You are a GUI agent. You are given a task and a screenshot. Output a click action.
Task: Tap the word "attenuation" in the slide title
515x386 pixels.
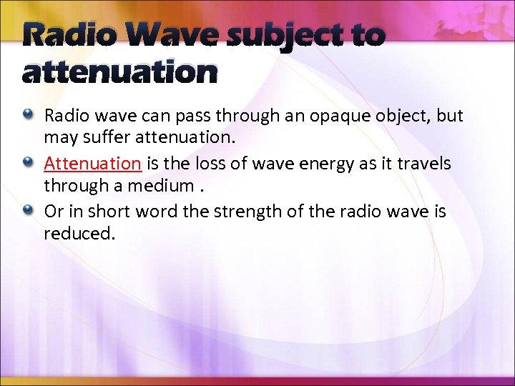click(119, 72)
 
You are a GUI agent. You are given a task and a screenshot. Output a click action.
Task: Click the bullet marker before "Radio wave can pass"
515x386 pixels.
click(28, 114)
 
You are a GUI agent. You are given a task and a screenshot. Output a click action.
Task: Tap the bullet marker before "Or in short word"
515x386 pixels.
click(28, 211)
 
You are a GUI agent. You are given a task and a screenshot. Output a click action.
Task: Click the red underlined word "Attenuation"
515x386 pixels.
click(92, 164)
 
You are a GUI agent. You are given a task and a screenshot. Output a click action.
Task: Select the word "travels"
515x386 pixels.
click(423, 164)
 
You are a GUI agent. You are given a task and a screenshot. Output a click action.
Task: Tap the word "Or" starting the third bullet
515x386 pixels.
click(53, 212)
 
